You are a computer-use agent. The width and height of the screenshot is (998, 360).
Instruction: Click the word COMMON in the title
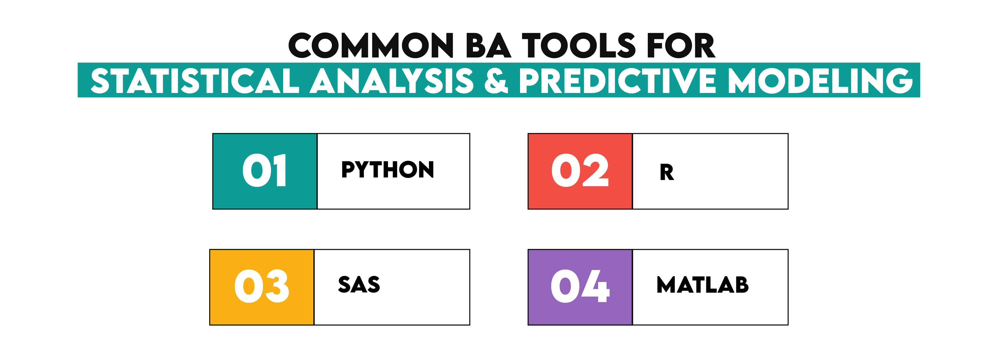click(x=370, y=45)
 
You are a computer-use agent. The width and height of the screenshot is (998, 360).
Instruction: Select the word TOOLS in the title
click(x=578, y=45)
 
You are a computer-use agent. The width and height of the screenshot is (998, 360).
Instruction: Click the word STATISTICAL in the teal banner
click(x=195, y=81)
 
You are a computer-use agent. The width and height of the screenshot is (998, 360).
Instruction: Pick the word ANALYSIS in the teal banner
click(x=391, y=81)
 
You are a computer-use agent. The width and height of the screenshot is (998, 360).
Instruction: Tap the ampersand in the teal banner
click(x=496, y=81)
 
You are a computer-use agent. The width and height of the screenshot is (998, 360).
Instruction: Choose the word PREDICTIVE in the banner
click(x=618, y=81)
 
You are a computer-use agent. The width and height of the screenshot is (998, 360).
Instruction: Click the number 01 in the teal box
click(x=265, y=170)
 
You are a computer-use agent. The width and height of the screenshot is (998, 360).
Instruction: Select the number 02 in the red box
click(x=580, y=170)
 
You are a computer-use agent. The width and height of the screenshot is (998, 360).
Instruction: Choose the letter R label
click(x=667, y=172)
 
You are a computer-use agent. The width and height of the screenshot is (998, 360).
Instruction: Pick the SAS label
click(x=359, y=285)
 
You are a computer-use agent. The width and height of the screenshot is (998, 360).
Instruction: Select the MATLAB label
click(x=702, y=285)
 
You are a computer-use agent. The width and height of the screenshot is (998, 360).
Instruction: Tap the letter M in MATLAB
click(x=666, y=285)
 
